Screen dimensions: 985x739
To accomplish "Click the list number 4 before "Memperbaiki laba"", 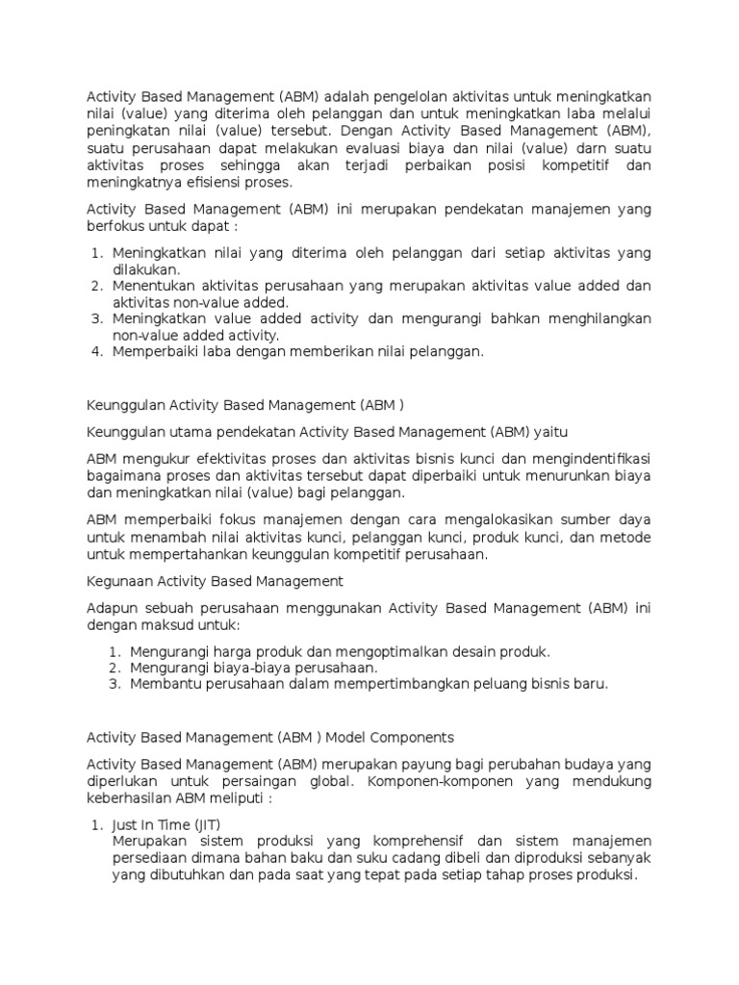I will click(96, 352).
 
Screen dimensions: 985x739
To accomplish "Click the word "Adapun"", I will click(112, 608).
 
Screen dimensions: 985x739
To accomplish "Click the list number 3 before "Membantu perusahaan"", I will click(113, 684).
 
